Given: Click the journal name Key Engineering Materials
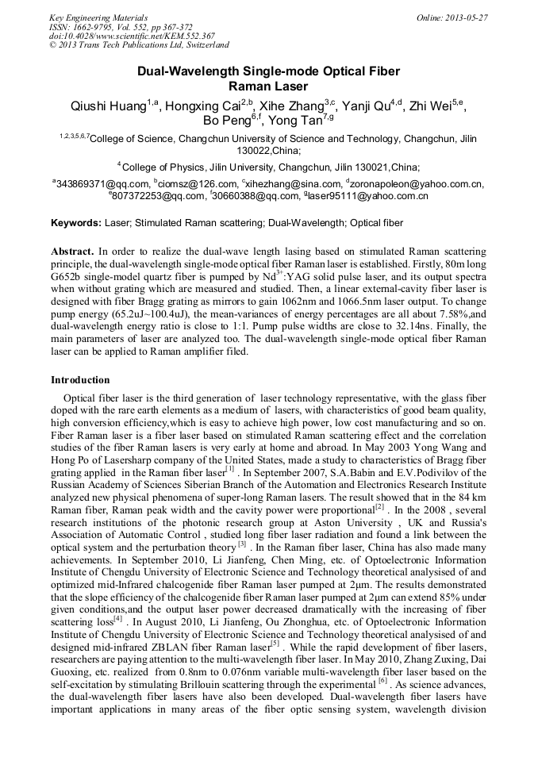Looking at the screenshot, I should [x=98, y=17].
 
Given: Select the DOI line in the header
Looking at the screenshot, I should [x=132, y=36].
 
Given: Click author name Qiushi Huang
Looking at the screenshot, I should [x=108, y=106].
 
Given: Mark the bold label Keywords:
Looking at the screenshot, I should [x=76, y=223].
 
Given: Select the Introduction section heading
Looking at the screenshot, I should [x=80, y=380].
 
